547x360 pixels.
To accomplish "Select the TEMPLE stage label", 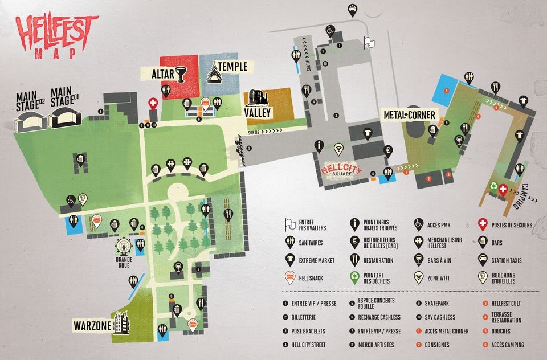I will click(x=232, y=67).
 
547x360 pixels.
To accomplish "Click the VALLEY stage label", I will click(x=258, y=112).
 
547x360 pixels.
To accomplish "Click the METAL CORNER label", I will click(x=409, y=116).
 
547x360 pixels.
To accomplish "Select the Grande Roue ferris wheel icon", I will click(x=123, y=246).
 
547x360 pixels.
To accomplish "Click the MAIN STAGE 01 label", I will click(x=64, y=97).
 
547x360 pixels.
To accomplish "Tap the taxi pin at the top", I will click(x=353, y=9).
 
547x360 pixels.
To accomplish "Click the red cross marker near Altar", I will click(x=153, y=103).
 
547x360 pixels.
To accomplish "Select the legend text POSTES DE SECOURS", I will click(x=512, y=225).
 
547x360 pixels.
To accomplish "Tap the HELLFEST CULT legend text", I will click(x=505, y=304).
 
